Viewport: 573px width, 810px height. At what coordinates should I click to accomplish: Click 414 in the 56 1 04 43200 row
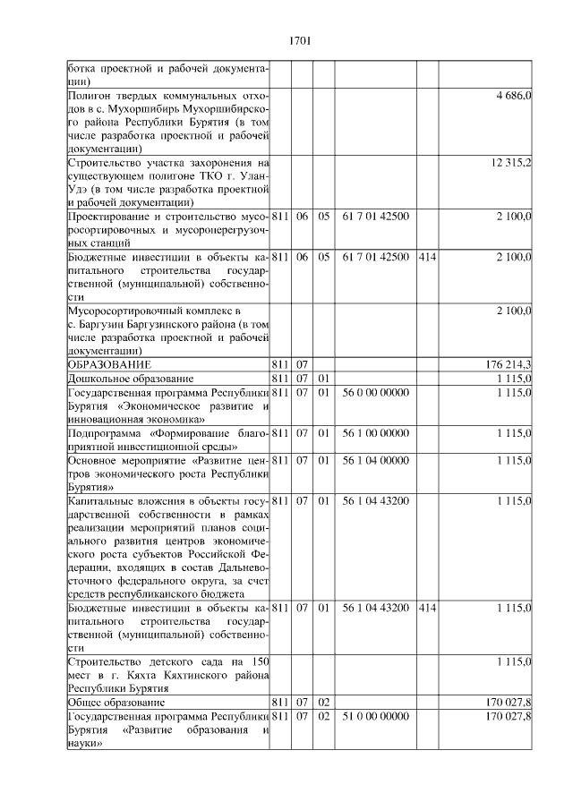tap(426, 609)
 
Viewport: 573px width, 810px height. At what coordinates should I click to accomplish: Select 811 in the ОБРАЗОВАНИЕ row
tap(279, 365)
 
